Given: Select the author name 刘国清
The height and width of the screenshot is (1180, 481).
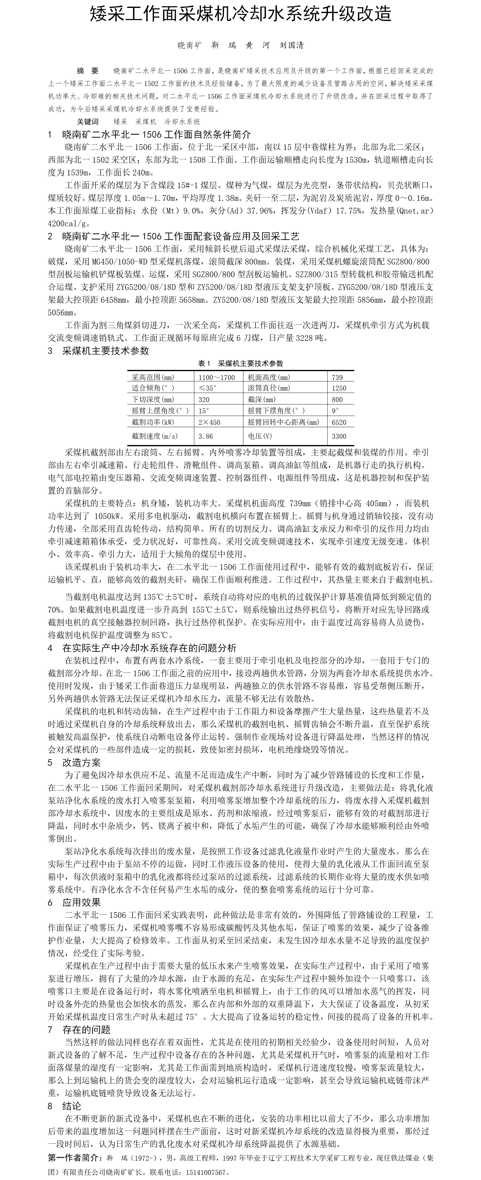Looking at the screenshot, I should pos(292,45).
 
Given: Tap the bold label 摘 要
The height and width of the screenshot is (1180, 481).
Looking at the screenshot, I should pos(88,71).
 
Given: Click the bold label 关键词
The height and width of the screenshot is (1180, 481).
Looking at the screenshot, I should pos(88,121).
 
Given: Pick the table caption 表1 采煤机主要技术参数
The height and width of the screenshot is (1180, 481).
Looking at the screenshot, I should pos(241,363).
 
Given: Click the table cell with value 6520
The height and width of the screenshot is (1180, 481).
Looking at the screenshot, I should pos(339,422).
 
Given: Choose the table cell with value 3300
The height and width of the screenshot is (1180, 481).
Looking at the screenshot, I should pos(339,436).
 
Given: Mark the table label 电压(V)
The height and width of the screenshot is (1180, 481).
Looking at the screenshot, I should pos(260,436).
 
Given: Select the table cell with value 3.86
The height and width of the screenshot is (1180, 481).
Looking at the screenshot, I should pos(206,436).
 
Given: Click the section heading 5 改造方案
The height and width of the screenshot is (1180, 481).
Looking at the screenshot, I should pos(74,762).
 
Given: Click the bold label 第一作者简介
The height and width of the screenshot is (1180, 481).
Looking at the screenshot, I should pos(75,1158).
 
